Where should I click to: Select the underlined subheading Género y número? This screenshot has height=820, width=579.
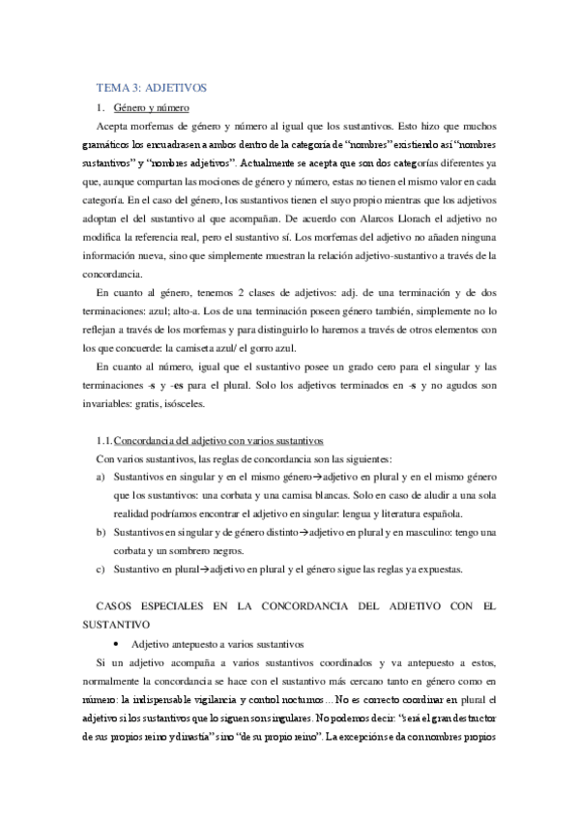[x=151, y=107]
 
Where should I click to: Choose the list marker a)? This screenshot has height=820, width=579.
[x=101, y=478]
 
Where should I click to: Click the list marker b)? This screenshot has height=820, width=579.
[x=101, y=533]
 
